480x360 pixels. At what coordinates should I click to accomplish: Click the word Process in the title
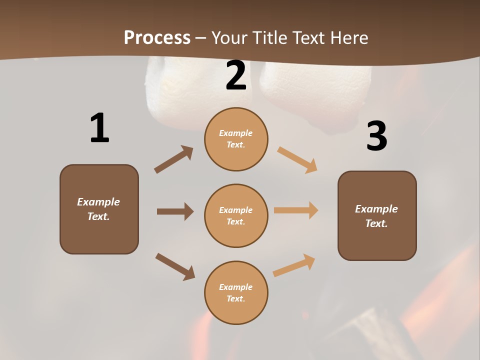click(x=157, y=38)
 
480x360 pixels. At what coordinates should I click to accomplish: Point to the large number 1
click(x=99, y=128)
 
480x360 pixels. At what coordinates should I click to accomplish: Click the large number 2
click(x=236, y=75)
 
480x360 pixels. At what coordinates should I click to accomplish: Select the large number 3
click(x=376, y=136)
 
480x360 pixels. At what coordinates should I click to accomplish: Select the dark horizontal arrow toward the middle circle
click(x=175, y=211)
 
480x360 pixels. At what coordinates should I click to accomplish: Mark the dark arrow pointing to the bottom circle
click(x=175, y=266)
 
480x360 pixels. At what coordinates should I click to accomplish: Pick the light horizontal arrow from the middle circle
click(x=296, y=210)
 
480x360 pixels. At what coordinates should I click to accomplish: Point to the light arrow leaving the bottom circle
click(x=294, y=265)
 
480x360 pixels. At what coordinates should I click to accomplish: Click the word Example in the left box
click(x=98, y=202)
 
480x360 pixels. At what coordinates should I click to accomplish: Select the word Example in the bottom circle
click(x=235, y=287)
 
